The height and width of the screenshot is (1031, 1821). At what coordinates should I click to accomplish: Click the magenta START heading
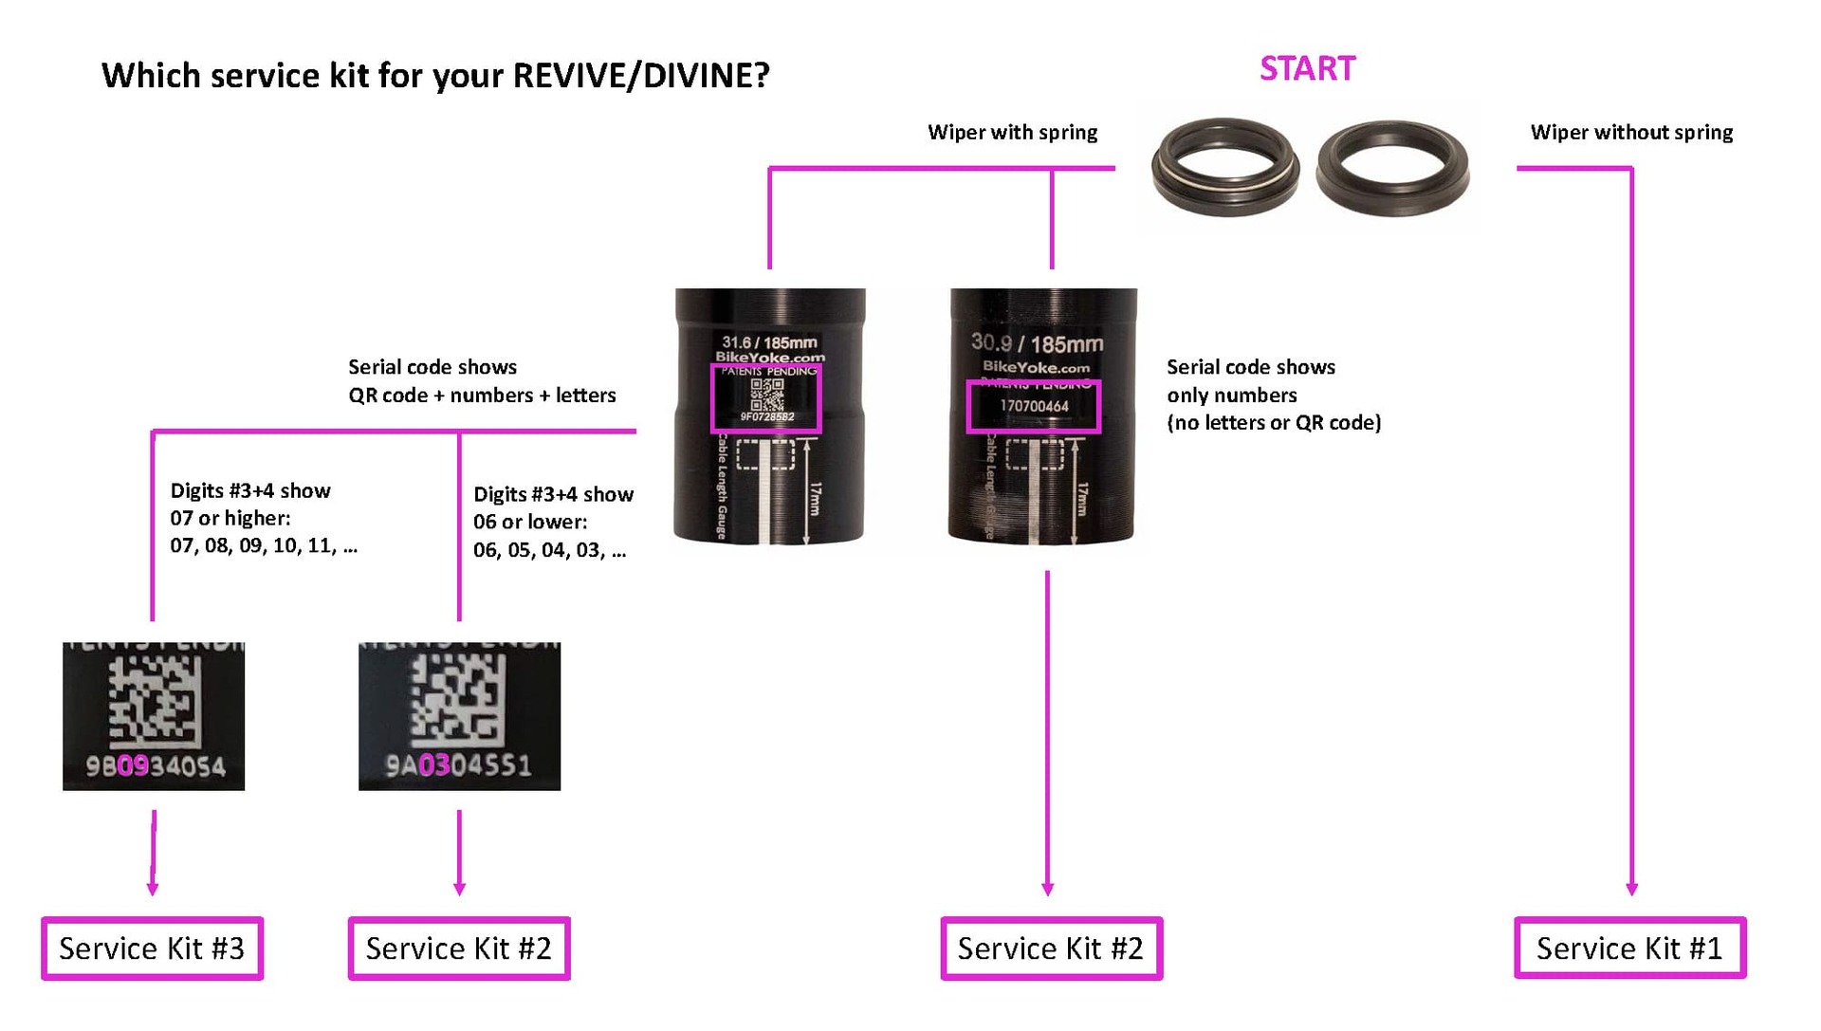tap(1307, 69)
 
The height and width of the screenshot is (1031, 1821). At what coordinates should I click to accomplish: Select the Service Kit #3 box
tap(152, 948)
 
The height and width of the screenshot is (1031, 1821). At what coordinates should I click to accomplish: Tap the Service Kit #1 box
tap(1629, 948)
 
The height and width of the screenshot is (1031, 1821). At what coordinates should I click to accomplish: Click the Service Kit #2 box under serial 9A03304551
tap(459, 948)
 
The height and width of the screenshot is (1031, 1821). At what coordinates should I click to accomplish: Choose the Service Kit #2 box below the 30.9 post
tap(1051, 948)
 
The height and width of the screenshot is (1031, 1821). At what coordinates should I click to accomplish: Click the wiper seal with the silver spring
tap(1224, 168)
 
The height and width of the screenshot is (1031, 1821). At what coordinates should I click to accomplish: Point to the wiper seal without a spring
tap(1392, 168)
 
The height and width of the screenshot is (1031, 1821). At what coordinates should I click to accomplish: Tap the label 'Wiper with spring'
tap(1012, 133)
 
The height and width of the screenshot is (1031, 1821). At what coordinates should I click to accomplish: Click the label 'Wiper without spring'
tap(1631, 133)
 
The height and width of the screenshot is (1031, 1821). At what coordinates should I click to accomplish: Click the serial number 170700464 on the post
tap(1034, 406)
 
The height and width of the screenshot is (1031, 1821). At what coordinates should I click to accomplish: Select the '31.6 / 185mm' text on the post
tap(769, 342)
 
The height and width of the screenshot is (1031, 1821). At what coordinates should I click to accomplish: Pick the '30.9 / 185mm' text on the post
tap(1037, 343)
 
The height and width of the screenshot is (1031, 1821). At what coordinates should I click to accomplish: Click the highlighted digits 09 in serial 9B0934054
tap(133, 765)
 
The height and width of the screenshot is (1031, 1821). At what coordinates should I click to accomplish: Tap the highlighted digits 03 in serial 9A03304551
tap(433, 764)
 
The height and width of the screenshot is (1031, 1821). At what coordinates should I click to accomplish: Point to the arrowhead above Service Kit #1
tap(1631, 889)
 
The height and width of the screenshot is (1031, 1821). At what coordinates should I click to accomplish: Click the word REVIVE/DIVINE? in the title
tap(641, 76)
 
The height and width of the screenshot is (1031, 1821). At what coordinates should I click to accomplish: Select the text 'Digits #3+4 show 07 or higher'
tap(250, 504)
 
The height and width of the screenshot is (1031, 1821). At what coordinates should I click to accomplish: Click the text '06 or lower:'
tap(530, 522)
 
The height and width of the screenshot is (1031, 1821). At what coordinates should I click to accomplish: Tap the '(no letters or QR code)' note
tap(1273, 423)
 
